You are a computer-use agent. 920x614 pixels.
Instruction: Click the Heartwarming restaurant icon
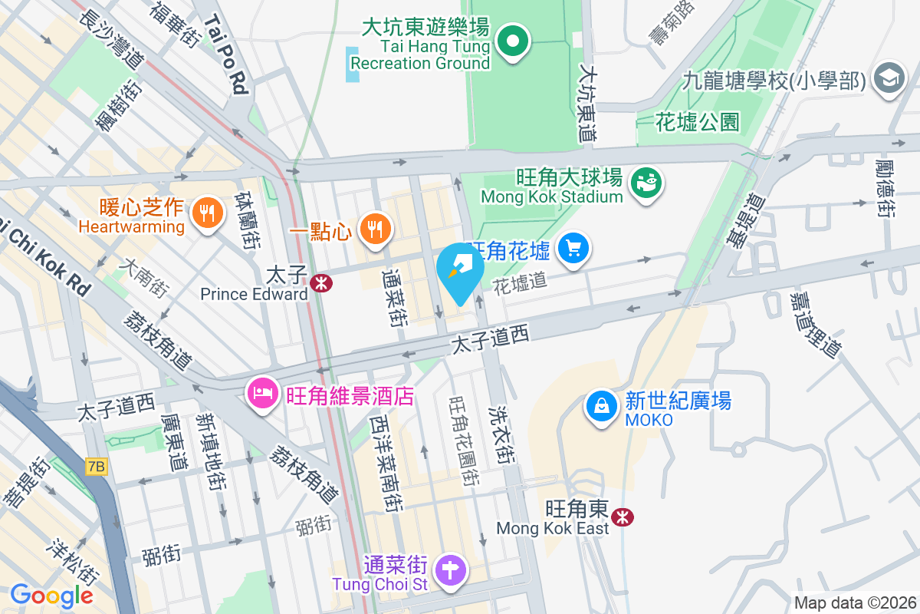(206, 213)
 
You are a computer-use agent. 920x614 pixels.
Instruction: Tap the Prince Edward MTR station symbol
(322, 282)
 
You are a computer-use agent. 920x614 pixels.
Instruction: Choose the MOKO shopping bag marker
(603, 406)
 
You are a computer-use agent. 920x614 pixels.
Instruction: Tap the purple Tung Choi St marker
(452, 570)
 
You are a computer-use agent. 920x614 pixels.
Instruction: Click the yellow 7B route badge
(97, 466)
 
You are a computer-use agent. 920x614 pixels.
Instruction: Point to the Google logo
(51, 595)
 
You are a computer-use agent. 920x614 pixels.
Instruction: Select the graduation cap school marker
(889, 78)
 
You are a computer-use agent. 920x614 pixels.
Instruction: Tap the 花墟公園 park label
(698, 121)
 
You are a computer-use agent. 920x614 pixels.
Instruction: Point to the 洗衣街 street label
(502, 434)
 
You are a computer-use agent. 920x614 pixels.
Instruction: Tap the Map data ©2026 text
(855, 602)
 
